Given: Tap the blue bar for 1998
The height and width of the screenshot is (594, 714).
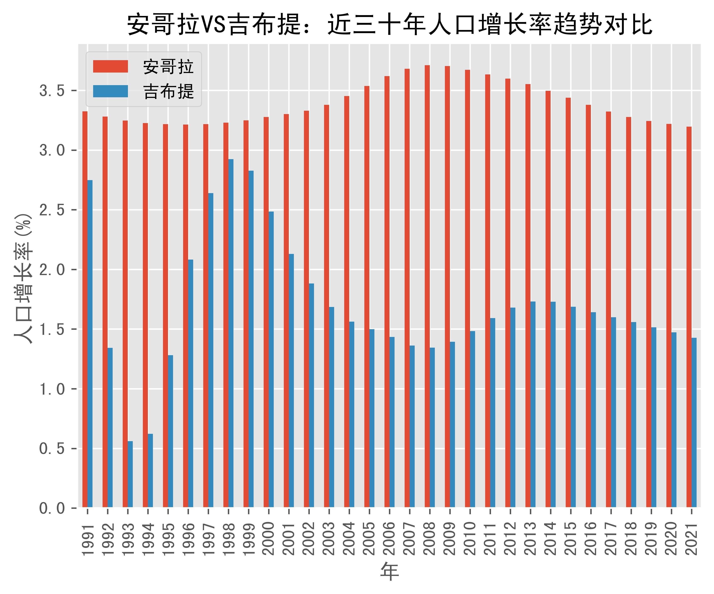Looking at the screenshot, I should [x=231, y=333].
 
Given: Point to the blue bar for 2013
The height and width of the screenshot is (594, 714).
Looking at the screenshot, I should [x=533, y=404].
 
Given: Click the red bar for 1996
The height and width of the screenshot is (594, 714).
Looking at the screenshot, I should [x=186, y=316].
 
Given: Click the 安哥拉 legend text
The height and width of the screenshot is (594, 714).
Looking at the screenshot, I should [x=168, y=67].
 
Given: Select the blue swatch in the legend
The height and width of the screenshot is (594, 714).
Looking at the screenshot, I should [x=111, y=91].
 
